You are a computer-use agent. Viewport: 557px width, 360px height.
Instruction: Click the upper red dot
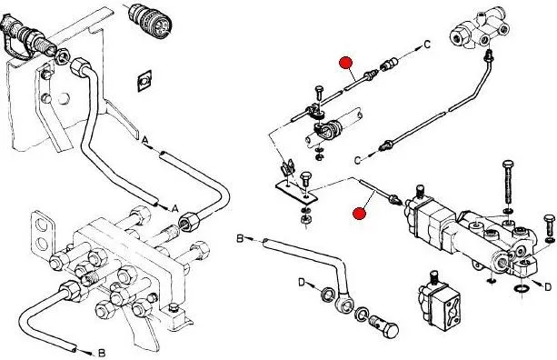[x=345, y=63]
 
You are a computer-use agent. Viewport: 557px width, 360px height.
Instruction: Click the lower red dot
[x=359, y=214]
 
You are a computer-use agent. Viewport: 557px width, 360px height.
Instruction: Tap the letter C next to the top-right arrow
[x=427, y=45]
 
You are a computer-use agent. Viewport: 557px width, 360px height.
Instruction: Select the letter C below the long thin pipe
[x=358, y=160]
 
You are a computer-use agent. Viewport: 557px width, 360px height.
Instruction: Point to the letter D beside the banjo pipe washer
[x=302, y=283]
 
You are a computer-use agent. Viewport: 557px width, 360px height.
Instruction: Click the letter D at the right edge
[x=548, y=286]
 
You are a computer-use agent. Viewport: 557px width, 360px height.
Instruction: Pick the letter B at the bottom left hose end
[x=102, y=353]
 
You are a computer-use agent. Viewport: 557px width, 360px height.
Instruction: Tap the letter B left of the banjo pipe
[x=240, y=238]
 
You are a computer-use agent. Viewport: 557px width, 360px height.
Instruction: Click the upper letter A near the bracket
[x=144, y=140]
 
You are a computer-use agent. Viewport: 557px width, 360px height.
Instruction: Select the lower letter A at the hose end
[x=174, y=208]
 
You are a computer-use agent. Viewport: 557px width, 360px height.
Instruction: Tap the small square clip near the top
[x=144, y=81]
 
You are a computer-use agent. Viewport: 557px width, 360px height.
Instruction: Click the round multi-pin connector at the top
[x=150, y=19]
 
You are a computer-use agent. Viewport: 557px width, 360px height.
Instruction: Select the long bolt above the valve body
[x=508, y=184]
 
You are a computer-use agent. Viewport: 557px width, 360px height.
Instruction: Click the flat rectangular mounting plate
[x=296, y=192]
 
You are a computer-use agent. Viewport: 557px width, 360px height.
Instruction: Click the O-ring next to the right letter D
[x=522, y=288]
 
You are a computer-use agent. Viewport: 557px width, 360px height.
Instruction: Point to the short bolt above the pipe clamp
[x=319, y=94]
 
